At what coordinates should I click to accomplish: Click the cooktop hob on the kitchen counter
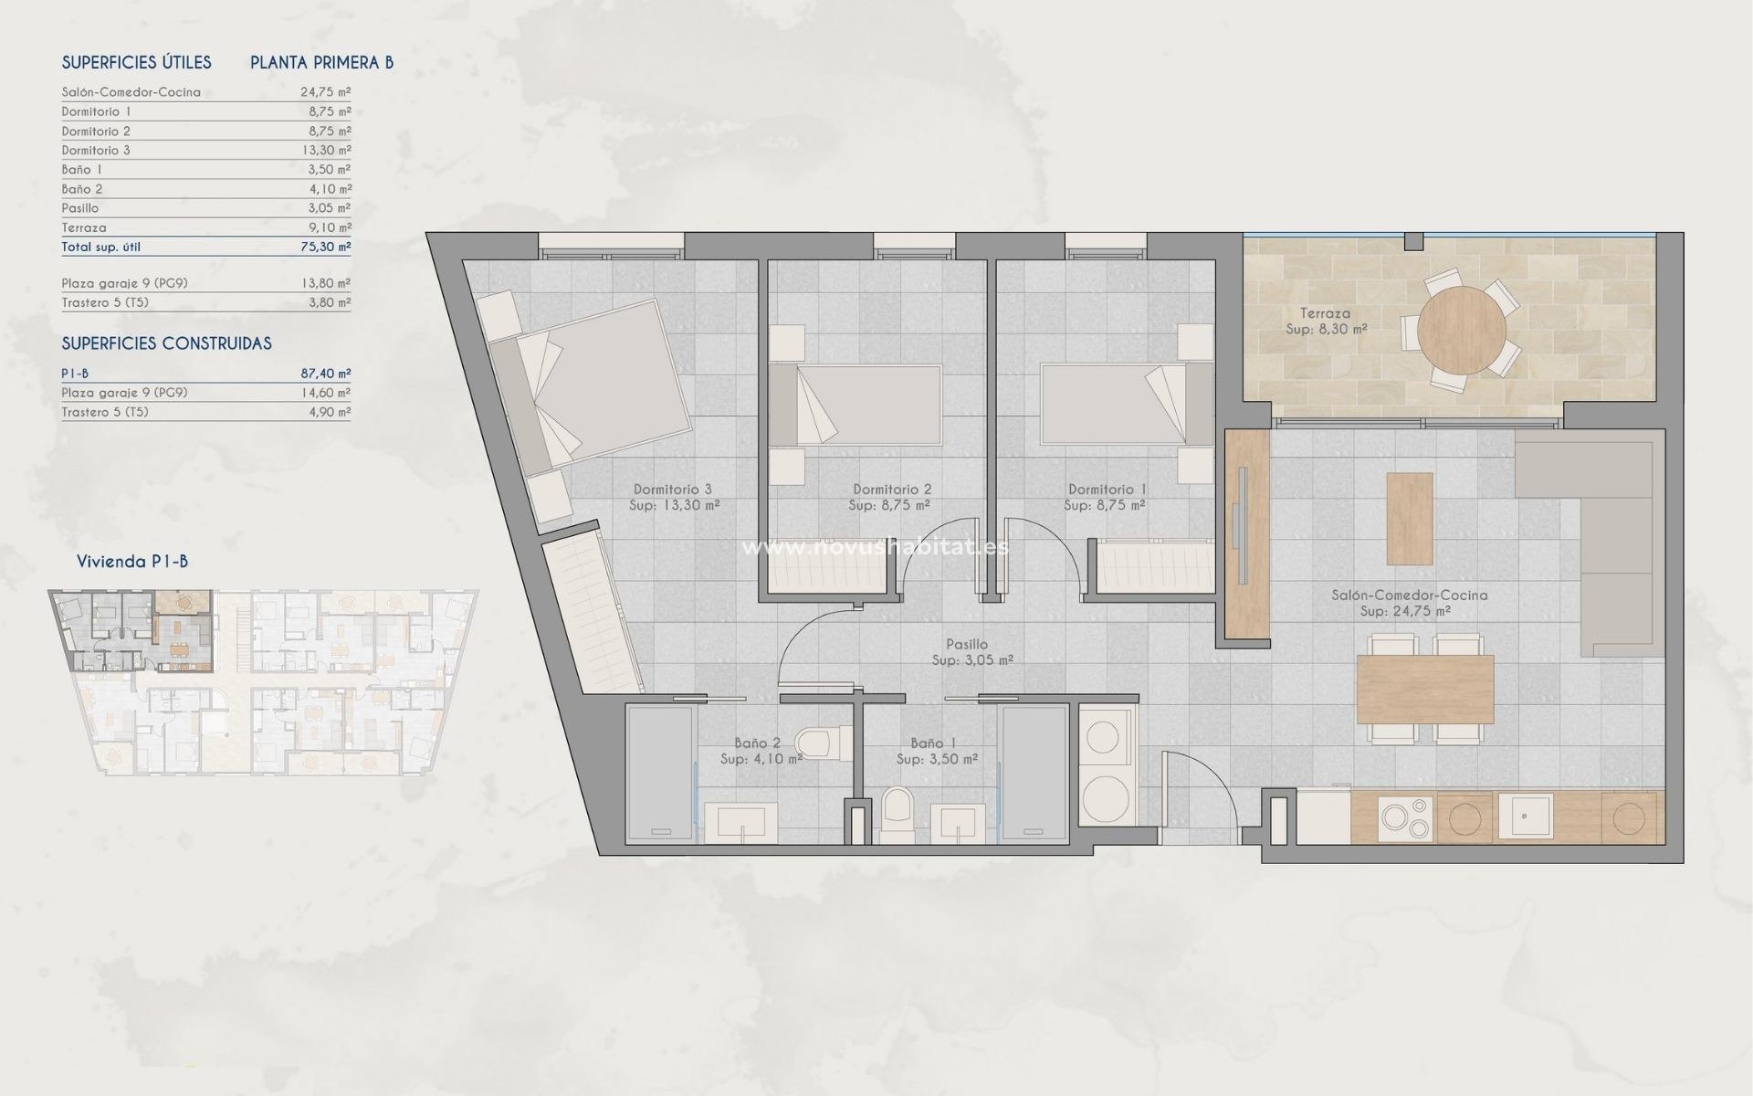(x=1405, y=817)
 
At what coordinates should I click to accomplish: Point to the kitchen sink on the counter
(x=1525, y=816)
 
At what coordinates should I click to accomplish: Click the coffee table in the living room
(x=1409, y=518)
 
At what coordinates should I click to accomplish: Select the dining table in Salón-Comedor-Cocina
(x=1424, y=690)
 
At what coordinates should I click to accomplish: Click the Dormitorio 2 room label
(x=891, y=490)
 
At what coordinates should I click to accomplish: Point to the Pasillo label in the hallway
(x=967, y=644)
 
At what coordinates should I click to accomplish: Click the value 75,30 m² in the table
(x=326, y=247)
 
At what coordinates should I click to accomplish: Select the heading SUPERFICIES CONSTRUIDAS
(x=166, y=343)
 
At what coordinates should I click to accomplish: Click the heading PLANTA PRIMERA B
(x=321, y=62)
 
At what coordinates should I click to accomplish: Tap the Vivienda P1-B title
(x=132, y=561)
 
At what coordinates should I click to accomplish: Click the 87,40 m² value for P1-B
(x=326, y=374)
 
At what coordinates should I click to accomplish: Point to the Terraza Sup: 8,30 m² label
(x=1326, y=321)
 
